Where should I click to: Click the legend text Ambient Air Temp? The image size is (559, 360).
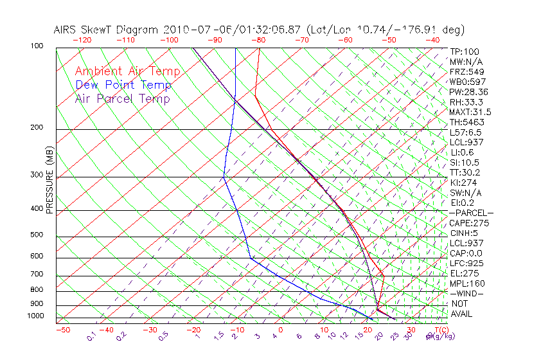tap(127, 71)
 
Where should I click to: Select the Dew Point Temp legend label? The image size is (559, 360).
tap(123, 85)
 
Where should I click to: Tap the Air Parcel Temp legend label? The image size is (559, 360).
tap(122, 98)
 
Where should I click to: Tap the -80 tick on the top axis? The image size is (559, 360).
tap(259, 40)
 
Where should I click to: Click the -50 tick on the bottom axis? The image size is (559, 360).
tap(62, 330)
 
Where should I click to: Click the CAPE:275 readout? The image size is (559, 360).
tap(469, 223)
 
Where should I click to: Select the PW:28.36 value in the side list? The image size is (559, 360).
tap(469, 92)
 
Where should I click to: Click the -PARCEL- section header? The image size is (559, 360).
tap(471, 213)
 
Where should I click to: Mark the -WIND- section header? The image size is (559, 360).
tap(466, 293)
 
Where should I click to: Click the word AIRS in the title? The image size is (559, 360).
tap(67, 30)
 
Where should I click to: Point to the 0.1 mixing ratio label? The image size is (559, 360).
tap(91, 336)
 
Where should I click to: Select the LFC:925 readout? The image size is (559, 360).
tap(466, 263)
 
